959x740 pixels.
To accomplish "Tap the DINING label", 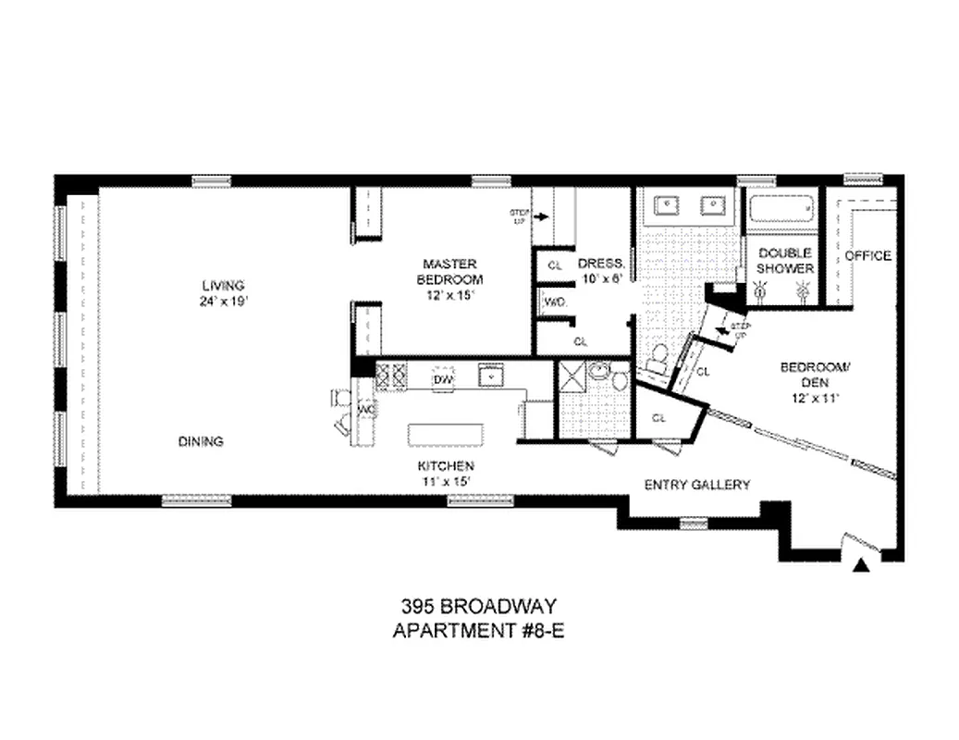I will click(201, 441).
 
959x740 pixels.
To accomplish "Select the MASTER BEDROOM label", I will click(450, 271).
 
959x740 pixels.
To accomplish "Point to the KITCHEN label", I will click(447, 465).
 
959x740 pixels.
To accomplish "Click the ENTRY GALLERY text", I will click(696, 484).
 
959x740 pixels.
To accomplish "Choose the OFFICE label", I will click(868, 255).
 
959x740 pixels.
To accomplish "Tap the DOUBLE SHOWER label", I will click(785, 261).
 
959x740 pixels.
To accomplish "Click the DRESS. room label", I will click(602, 263).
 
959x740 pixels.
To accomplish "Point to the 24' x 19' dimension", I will click(225, 302).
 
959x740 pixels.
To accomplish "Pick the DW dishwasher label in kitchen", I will click(443, 379).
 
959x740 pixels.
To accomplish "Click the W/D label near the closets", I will click(554, 302).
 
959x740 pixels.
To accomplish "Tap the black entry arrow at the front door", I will click(863, 566).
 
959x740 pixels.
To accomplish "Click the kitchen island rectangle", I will click(445, 436).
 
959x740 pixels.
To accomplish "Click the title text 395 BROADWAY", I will click(478, 608).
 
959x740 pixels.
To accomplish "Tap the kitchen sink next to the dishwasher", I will click(488, 376).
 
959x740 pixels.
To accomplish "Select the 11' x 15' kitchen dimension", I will click(447, 481).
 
